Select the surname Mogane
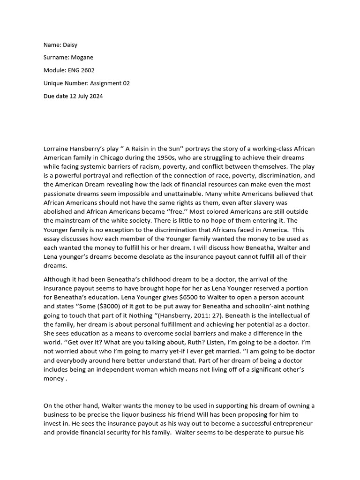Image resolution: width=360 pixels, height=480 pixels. point(82,57)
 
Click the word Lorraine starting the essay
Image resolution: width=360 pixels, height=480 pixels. point(57,149)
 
